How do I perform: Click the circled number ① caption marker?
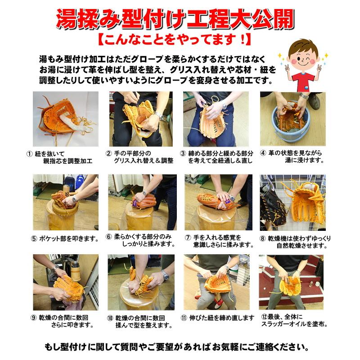tap(30, 154)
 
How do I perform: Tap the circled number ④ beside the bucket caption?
tap(263, 153)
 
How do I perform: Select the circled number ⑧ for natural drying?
tap(263, 238)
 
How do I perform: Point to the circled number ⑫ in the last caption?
tap(264, 317)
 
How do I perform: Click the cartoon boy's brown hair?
tap(303, 46)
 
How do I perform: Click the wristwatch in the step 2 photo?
tap(159, 116)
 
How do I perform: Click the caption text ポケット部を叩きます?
tap(69, 239)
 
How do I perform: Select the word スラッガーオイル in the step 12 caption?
tap(284, 324)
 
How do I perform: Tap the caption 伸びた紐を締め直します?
tap(222, 318)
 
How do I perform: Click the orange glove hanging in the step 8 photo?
tap(307, 202)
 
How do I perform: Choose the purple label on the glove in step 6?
tap(135, 203)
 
